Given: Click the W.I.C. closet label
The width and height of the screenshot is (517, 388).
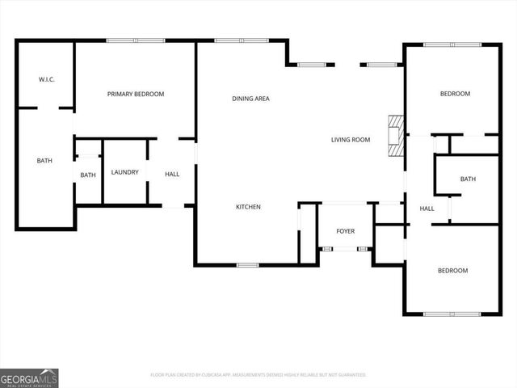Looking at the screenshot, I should pos(45,79).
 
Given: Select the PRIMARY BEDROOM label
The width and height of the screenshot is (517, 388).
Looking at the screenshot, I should pos(136,95).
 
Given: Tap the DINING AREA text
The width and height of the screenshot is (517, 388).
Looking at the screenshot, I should pos(250,99).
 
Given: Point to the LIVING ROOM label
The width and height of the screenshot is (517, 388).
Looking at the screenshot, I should pos(350,140).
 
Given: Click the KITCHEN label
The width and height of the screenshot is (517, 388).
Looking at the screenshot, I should pos(248,208).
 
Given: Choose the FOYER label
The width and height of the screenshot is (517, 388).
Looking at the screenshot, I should pos(345,231).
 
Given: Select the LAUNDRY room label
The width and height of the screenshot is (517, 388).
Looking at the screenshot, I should pos(125,172).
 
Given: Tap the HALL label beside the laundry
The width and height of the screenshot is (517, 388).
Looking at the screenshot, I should pos(172,174).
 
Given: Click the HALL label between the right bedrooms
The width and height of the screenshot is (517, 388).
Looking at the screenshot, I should pos(427,209).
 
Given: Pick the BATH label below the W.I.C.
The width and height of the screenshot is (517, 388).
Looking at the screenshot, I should pos(44,161).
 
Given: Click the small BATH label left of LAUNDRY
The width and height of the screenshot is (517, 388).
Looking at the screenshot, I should pos(87,175).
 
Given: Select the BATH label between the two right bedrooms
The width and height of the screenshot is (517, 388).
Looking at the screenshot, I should pos(468,179).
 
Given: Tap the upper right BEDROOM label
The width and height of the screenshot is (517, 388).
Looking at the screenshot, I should pos(455,94).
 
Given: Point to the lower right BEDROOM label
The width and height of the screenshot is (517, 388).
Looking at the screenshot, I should pos(452,271).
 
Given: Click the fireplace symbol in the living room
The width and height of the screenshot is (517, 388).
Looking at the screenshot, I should pos(395,137).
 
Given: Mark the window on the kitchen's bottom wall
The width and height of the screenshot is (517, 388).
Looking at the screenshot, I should pos(247,265).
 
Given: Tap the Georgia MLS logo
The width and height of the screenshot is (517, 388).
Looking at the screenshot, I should pos(29,377).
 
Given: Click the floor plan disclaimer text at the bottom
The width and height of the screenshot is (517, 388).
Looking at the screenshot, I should pos(258,375).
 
